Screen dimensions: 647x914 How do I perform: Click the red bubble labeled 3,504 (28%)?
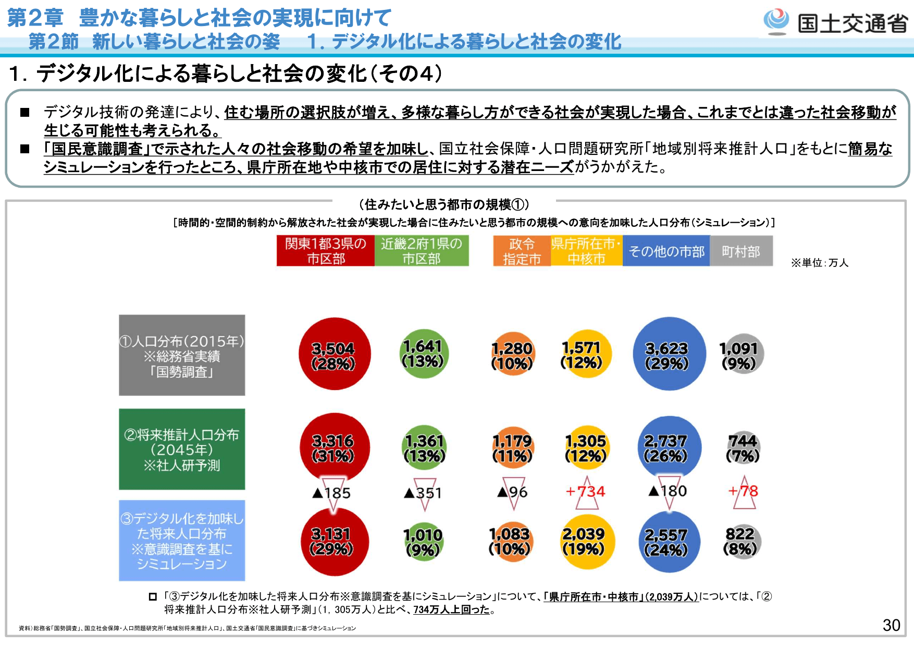tap(334, 354)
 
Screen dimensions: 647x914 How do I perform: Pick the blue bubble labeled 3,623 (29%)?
tap(669, 354)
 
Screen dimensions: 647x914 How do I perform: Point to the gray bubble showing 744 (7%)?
tap(743, 448)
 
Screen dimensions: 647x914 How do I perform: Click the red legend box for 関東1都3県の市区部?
tap(326, 251)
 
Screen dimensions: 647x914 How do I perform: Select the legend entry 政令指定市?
tap(522, 251)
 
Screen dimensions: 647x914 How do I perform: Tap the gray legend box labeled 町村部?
tap(741, 251)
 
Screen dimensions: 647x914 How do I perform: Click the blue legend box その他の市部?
tap(666, 251)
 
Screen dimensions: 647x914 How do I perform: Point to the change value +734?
tap(586, 491)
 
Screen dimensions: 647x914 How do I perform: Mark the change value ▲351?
tap(423, 493)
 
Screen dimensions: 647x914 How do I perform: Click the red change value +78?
tap(743, 491)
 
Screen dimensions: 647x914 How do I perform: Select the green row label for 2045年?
tap(182, 449)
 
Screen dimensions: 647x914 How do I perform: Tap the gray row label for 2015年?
tap(182, 355)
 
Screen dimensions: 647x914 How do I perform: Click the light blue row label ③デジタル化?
tap(182, 541)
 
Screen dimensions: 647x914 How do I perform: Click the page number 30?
tap(891, 625)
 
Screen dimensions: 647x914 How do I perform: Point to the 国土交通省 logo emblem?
tap(776, 21)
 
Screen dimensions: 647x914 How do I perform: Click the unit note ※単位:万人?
tap(820, 262)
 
